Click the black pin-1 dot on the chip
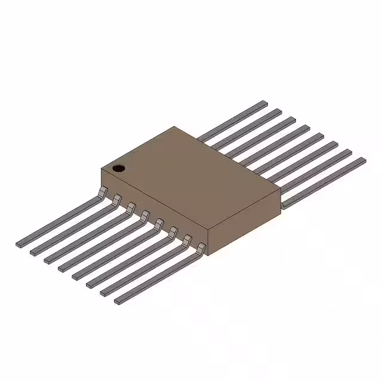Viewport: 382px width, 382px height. (119, 168)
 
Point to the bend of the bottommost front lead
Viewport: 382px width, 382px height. (202, 247)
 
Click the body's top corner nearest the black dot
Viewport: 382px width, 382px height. (101, 170)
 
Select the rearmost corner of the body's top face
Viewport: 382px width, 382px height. (174, 127)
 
